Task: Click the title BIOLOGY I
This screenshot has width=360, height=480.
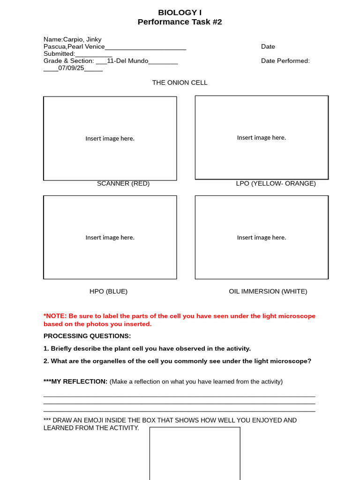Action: pyautogui.click(x=180, y=13)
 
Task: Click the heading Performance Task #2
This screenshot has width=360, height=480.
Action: pyautogui.click(x=180, y=22)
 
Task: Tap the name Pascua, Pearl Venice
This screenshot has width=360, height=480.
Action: pyautogui.click(x=74, y=46)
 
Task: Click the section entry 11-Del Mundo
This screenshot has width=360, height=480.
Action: pyautogui.click(x=127, y=61)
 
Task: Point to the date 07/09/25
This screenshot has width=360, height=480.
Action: pyautogui.click(x=71, y=68)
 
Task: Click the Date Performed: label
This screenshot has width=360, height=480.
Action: pyautogui.click(x=285, y=61)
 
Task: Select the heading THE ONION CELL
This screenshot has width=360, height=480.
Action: pyautogui.click(x=180, y=82)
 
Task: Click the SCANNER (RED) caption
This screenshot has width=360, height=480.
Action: pyautogui.click(x=123, y=183)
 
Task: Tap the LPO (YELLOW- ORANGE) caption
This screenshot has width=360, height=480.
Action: pyautogui.click(x=276, y=183)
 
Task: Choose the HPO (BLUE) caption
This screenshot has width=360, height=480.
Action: pyautogui.click(x=108, y=291)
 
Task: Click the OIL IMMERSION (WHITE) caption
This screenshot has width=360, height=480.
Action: pyautogui.click(x=268, y=291)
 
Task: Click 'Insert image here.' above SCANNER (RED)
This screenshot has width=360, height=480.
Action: pyautogui.click(x=110, y=138)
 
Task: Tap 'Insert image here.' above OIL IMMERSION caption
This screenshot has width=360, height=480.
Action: pyautogui.click(x=261, y=238)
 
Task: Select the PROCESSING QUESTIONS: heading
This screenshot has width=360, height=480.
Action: pyautogui.click(x=87, y=336)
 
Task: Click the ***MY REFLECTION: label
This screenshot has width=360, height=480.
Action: pyautogui.click(x=75, y=382)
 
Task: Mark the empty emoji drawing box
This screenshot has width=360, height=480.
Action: pyautogui.click(x=195, y=453)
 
